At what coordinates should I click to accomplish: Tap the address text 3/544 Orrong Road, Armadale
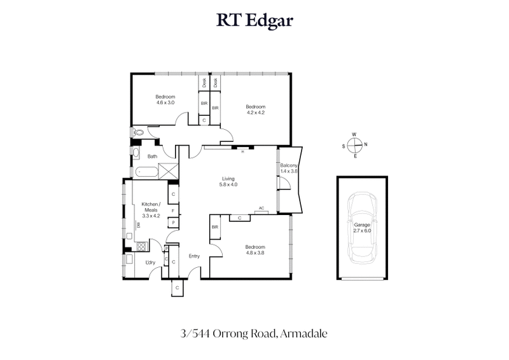coord(254,332)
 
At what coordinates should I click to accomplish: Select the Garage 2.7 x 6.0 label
coord(361,227)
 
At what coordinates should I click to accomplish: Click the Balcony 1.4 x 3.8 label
coord(289,168)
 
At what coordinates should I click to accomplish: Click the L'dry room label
coord(151,263)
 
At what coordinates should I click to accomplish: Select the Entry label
coord(195,256)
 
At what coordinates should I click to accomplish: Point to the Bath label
coord(152,156)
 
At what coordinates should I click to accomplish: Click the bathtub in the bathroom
coord(146,171)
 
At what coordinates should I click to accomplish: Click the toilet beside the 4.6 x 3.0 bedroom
coord(139,133)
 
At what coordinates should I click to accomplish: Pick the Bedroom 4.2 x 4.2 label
coord(255,109)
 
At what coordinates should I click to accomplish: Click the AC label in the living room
coord(261,208)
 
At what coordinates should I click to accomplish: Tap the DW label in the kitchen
coord(137,225)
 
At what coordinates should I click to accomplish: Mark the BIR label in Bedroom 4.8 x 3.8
coord(215,226)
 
